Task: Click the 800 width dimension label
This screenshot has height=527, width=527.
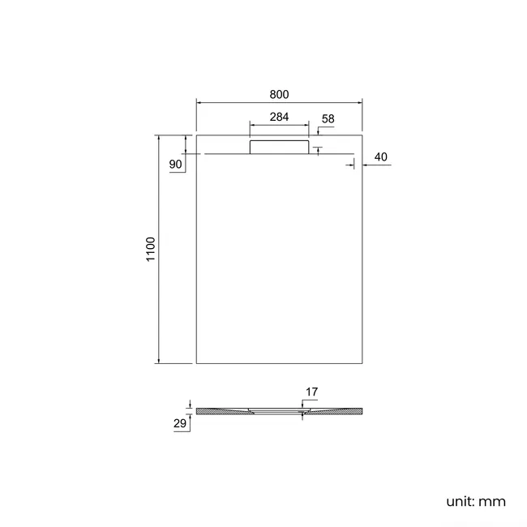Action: (x=279, y=94)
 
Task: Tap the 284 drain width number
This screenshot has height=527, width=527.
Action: (x=279, y=117)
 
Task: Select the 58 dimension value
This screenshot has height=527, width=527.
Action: (x=328, y=118)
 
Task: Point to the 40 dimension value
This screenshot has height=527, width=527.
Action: (x=380, y=157)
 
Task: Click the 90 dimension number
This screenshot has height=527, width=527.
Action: (x=175, y=165)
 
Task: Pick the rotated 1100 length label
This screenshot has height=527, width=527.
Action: (x=151, y=249)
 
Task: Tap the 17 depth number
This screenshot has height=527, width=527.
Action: (x=311, y=392)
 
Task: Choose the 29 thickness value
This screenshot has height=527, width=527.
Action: (x=180, y=423)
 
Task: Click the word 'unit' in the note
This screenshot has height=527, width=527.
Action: (x=461, y=501)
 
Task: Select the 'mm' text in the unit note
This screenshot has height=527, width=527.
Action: (x=492, y=502)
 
